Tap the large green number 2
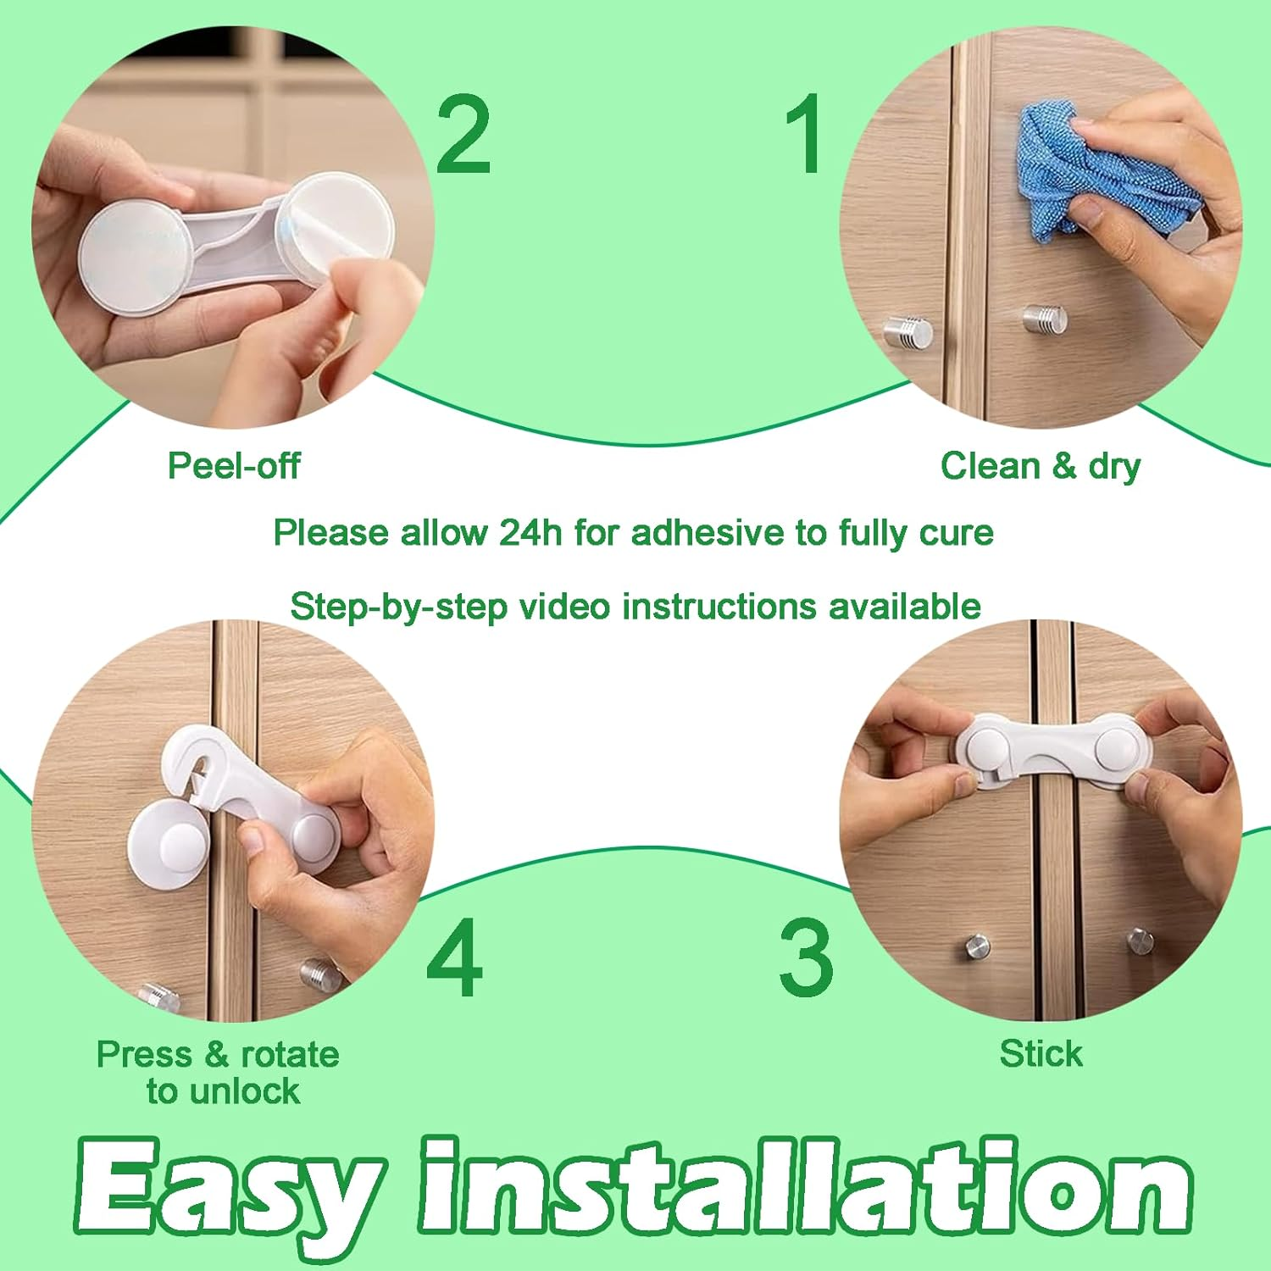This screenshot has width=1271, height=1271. click(x=463, y=133)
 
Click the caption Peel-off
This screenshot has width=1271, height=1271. click(x=234, y=466)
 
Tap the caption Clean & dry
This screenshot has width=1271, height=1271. click(x=1041, y=466)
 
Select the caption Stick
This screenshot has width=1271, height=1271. click(x=1041, y=1054)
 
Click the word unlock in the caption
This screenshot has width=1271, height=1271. click(x=246, y=1091)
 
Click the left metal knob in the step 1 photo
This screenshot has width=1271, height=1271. click(x=908, y=332)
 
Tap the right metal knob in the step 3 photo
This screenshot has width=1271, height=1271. click(x=1140, y=941)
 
